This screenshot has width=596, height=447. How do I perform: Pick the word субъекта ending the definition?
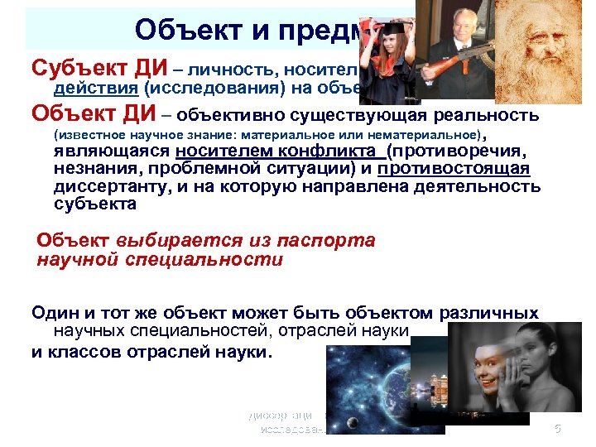pos(90,204)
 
